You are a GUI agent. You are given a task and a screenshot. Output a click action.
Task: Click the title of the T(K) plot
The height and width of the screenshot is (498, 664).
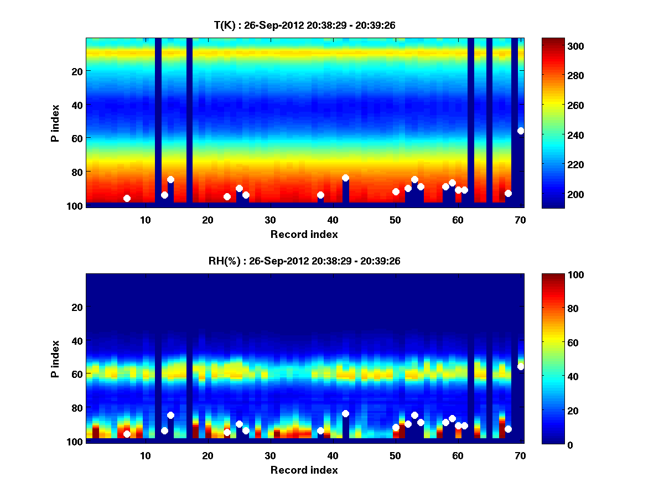coord(304,25)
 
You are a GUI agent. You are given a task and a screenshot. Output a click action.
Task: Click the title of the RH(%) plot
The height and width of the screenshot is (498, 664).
coord(304,261)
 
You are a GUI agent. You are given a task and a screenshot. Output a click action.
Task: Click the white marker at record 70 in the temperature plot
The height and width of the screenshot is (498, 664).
coord(521,131)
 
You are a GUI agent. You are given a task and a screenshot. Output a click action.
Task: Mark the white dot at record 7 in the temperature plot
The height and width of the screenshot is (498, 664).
coord(127,198)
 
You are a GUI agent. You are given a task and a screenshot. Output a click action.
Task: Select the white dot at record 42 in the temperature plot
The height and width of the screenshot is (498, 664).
coord(345,178)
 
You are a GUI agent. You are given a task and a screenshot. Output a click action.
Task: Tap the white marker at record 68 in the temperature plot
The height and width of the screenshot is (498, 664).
coord(508,193)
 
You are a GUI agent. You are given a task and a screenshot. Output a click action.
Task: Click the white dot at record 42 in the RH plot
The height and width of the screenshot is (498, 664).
coord(345,413)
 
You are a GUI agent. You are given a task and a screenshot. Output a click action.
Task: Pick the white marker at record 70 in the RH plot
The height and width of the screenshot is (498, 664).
coord(521,366)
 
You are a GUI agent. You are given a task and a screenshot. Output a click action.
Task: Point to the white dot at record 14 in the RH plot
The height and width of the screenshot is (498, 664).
coord(170,415)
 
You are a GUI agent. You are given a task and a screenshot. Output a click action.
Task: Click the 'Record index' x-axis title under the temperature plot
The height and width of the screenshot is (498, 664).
coord(304,234)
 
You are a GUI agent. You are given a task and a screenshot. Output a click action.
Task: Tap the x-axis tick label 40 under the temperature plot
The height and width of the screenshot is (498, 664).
coord(333,220)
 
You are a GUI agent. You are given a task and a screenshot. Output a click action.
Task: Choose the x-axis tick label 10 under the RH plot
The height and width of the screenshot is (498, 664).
coord(145,455)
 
